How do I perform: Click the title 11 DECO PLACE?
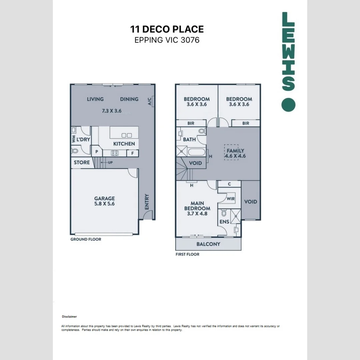[x=167, y=29]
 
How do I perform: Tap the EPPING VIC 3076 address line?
[x=167, y=40]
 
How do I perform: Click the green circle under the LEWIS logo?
[x=288, y=105]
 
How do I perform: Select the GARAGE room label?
[x=104, y=198]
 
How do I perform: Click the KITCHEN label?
[x=124, y=144]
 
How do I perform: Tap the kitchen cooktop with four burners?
[x=115, y=153]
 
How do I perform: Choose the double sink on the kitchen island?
[x=126, y=135]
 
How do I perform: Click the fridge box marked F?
[x=133, y=153]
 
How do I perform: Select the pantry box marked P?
[x=97, y=151]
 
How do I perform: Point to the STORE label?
[x=82, y=162]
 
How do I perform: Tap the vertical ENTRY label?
[x=147, y=202]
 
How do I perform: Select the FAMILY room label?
[x=236, y=151]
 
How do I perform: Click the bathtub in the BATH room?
[x=197, y=153]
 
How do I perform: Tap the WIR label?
[x=231, y=199]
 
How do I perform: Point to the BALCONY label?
[x=208, y=244]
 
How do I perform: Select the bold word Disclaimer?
[x=69, y=317]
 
